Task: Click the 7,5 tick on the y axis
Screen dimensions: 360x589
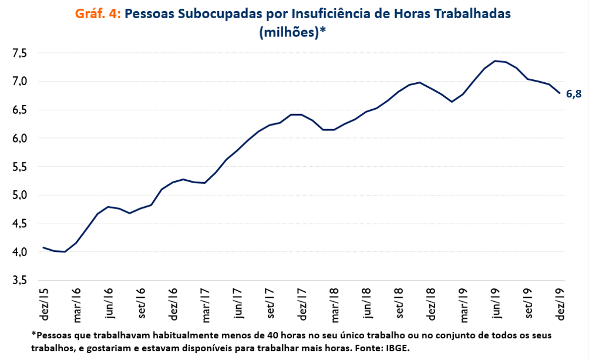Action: pos(19,53)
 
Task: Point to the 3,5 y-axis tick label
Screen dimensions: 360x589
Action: pos(19,281)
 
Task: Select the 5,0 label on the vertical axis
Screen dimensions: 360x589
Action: pos(19,196)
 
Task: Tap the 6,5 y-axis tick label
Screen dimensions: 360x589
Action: pos(19,110)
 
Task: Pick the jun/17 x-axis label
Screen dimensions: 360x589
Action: pos(238,304)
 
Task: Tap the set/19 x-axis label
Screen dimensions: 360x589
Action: pos(529,304)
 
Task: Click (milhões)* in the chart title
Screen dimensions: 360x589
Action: pos(292,33)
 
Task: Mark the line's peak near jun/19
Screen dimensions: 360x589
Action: pos(494,60)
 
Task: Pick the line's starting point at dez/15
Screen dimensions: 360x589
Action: pos(43,247)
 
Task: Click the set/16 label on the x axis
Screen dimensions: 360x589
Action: pos(141,304)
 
